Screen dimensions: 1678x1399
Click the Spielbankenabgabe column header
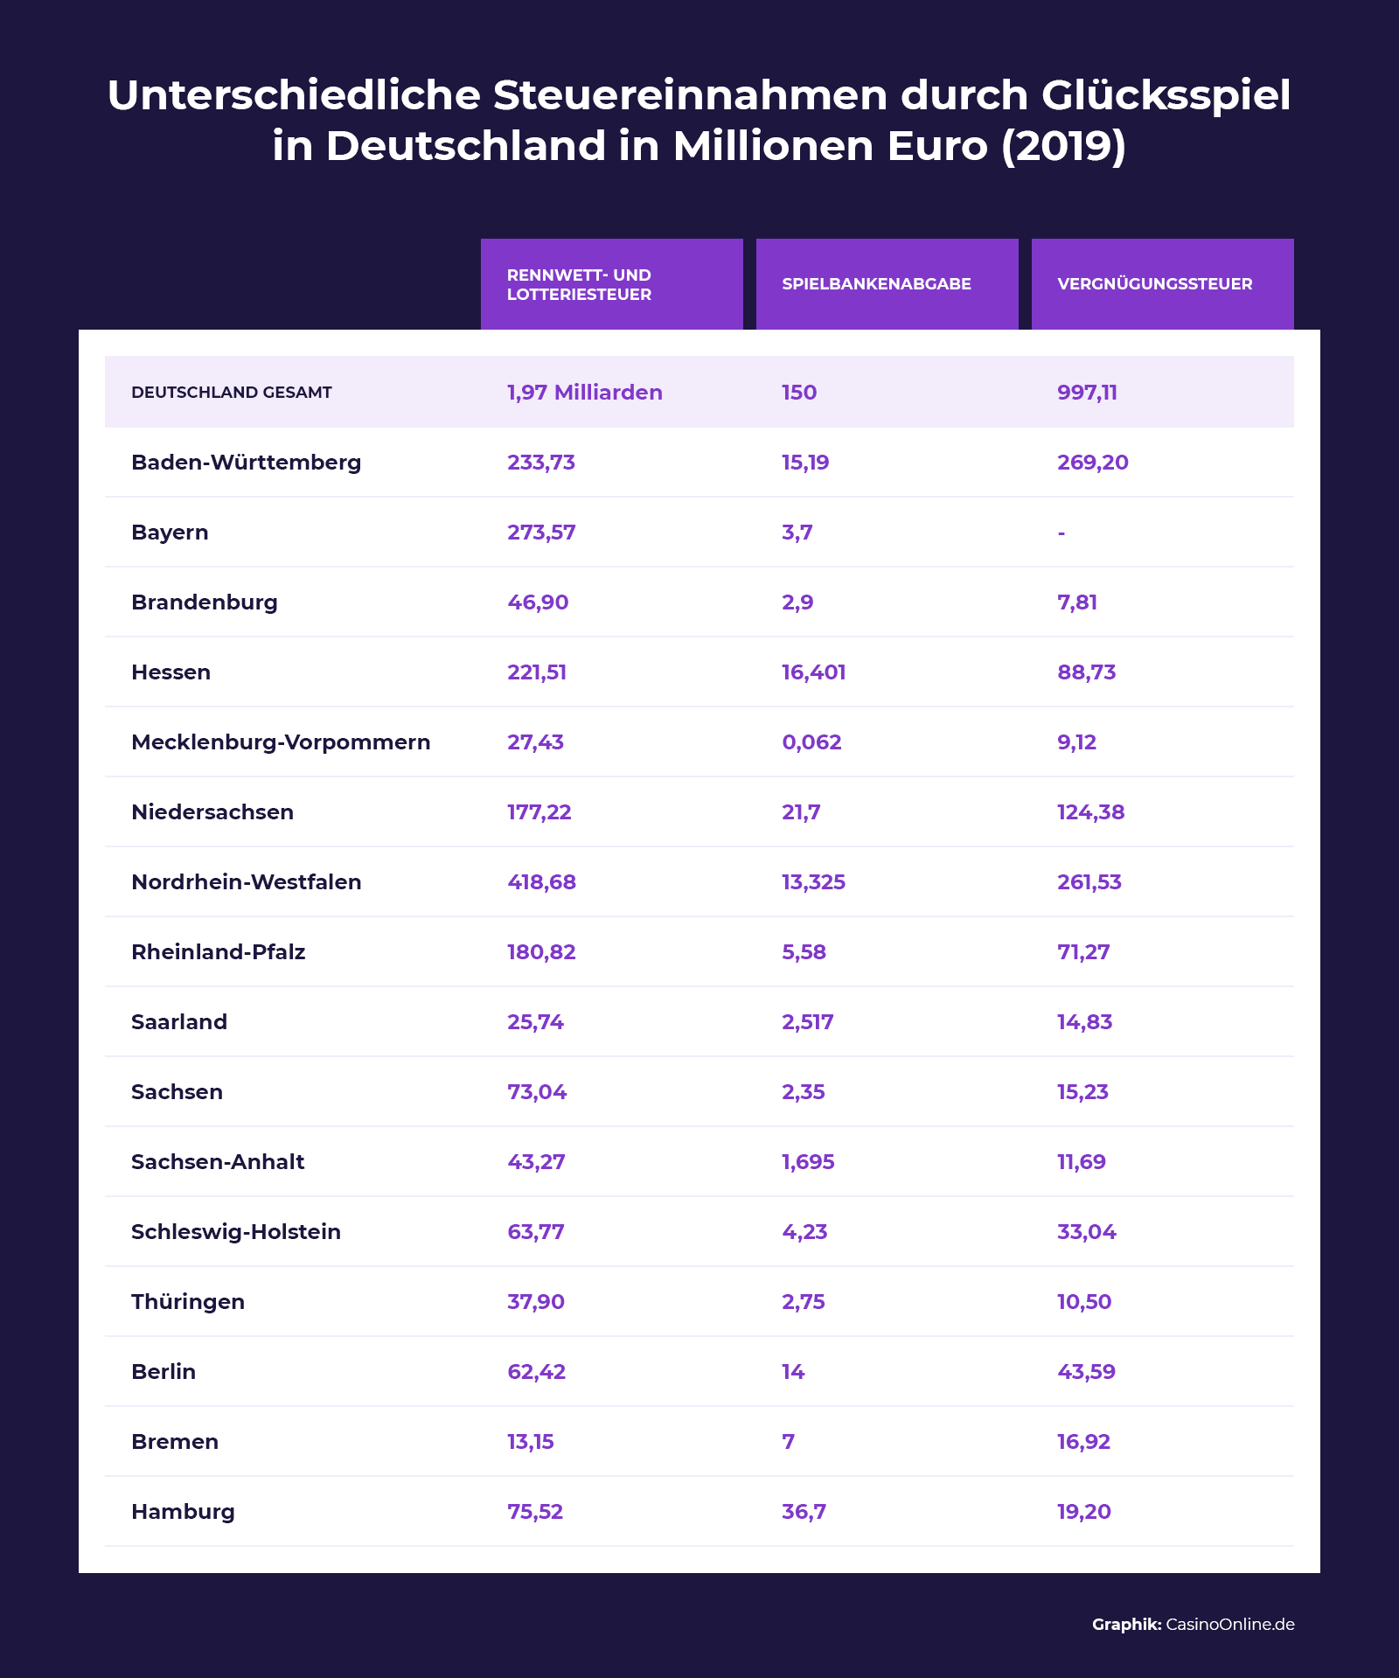click(876, 284)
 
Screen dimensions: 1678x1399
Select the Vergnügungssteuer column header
click(1154, 284)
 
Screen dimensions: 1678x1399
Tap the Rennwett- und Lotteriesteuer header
click(579, 285)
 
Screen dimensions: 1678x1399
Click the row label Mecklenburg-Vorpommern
click(281, 742)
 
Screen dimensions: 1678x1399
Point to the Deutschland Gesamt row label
click(232, 393)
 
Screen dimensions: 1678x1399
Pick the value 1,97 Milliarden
click(584, 393)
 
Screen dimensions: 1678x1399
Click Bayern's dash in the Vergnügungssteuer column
click(1061, 533)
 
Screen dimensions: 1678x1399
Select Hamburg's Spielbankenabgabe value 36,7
click(804, 1512)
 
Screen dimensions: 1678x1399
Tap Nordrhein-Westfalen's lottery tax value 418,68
click(541, 882)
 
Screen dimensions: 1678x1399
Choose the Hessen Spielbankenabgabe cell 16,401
click(813, 672)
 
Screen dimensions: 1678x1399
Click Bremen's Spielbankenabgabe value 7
click(789, 1442)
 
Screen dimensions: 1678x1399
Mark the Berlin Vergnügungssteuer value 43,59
click(1086, 1372)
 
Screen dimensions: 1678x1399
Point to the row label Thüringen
click(188, 1302)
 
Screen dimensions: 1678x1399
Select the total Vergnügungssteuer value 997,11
click(1087, 393)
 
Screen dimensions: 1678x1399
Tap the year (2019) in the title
click(1063, 146)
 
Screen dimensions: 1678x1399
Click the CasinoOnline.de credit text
click(1230, 1625)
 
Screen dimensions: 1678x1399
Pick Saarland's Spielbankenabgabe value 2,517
click(807, 1022)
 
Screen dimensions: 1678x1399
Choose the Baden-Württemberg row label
click(246, 463)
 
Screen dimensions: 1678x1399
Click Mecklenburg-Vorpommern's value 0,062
click(811, 742)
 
